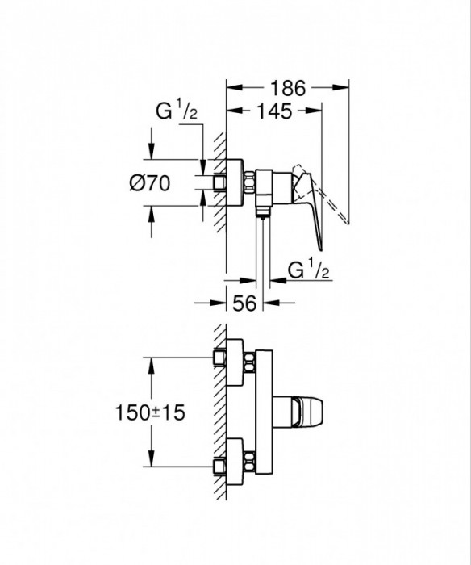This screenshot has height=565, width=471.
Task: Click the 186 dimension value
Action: [287, 89]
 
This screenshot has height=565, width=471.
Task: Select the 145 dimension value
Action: [274, 112]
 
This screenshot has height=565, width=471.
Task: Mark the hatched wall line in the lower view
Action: [219, 412]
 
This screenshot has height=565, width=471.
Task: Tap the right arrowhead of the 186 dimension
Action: [344, 89]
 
